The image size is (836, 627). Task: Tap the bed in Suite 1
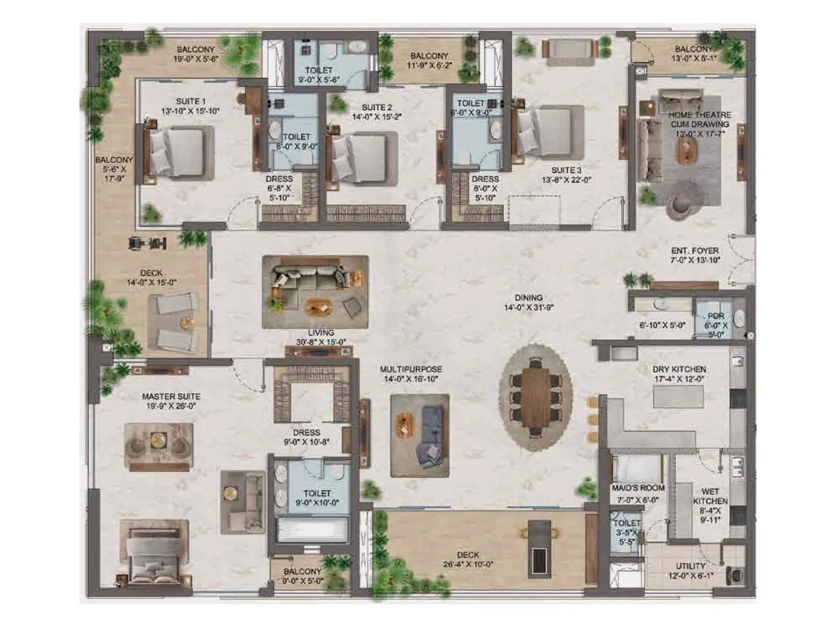pos(178,153)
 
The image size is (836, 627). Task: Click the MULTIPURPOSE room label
pos(411,369)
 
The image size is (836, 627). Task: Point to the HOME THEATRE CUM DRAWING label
pos(700,119)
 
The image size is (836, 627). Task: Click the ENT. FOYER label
pos(695,251)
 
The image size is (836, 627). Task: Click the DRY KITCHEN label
pos(679,369)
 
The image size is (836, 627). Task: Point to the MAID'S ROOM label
pos(638,488)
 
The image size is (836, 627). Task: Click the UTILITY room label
pos(691,566)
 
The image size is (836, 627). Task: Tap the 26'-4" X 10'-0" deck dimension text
pos(468,565)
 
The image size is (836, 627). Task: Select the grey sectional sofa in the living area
pos(308,277)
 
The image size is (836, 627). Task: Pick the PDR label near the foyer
pos(716,316)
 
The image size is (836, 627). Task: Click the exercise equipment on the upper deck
pos(148,243)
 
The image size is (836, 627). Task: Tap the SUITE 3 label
pos(566,170)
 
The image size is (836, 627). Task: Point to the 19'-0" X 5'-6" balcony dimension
pos(195,59)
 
